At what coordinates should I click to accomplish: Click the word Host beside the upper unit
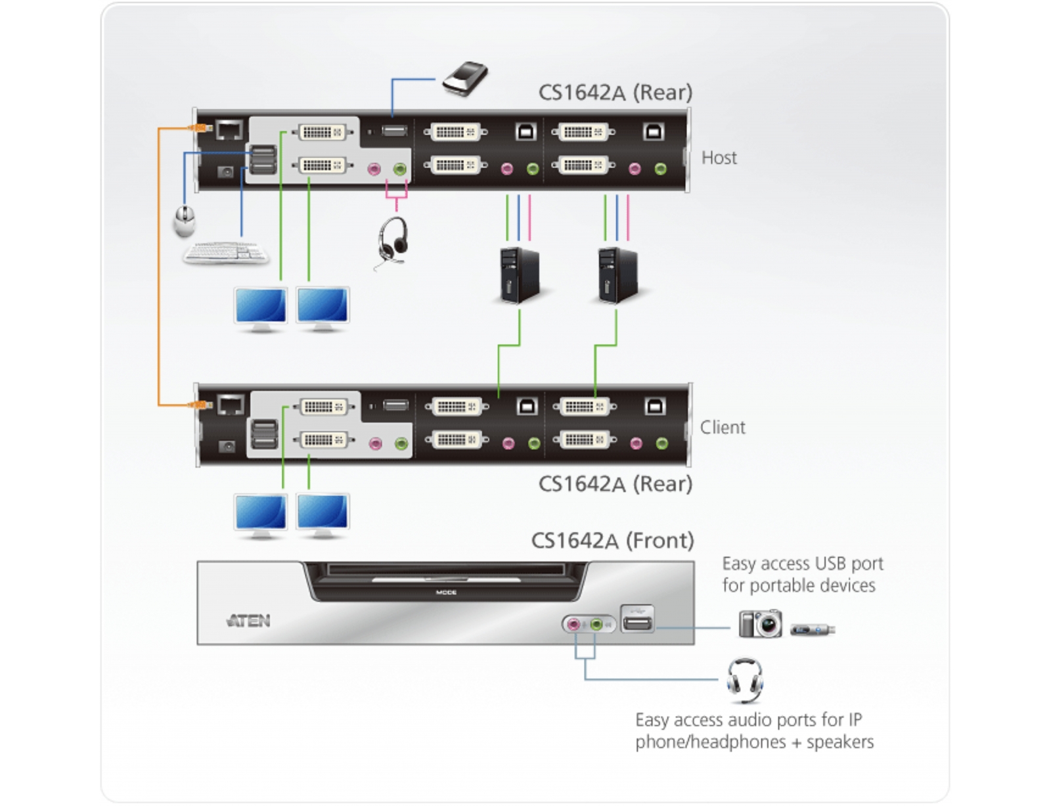tap(719, 158)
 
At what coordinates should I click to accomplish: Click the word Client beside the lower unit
tap(722, 428)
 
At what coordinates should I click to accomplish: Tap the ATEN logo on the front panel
tap(248, 621)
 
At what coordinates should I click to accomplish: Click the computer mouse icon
tap(185, 221)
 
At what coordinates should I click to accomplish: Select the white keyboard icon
tap(225, 252)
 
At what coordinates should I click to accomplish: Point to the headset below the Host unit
tap(393, 241)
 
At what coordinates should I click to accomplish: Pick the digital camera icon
tap(760, 623)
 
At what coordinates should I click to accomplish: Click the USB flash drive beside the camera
tap(813, 630)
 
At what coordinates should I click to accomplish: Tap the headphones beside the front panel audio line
tap(745, 679)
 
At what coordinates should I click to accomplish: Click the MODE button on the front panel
tap(446, 593)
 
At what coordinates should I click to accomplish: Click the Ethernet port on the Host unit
tap(229, 129)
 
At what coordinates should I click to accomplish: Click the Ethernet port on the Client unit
tap(230, 405)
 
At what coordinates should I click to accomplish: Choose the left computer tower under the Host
tap(519, 276)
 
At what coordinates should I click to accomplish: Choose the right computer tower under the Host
tap(617, 276)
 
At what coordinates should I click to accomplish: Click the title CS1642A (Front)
tap(612, 541)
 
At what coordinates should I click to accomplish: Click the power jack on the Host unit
tap(226, 172)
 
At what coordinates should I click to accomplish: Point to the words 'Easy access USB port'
tap(802, 564)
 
